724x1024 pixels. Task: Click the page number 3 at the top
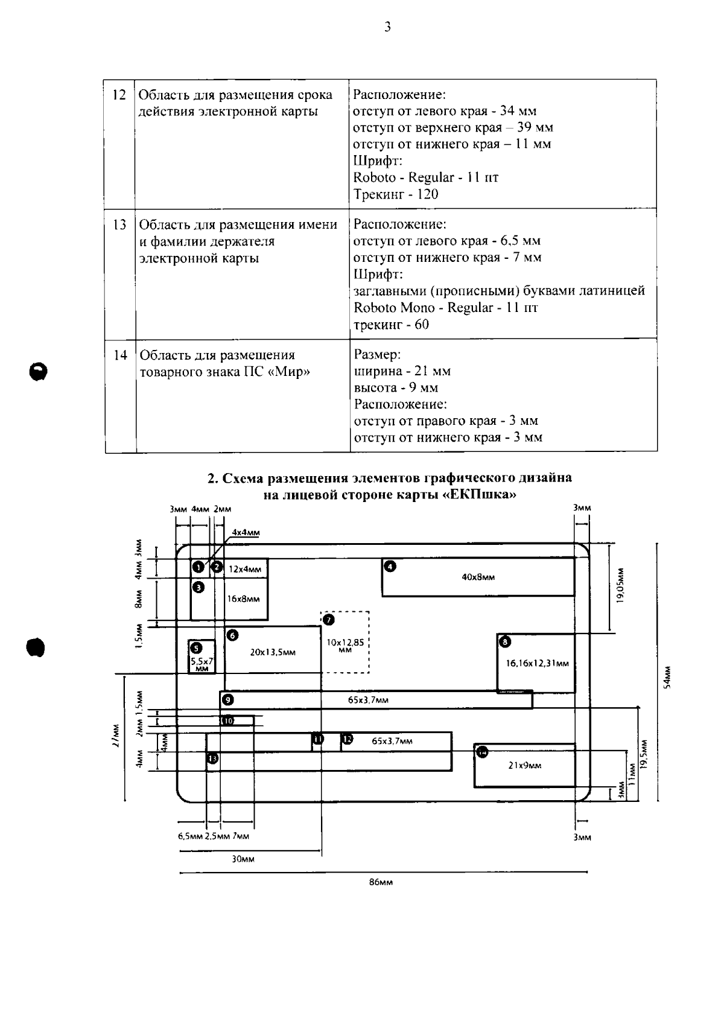click(x=387, y=27)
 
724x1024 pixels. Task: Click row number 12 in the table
click(x=119, y=95)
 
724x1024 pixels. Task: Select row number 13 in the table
click(x=119, y=224)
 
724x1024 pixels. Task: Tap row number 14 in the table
click(x=120, y=355)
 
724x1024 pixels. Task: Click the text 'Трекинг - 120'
click(x=396, y=194)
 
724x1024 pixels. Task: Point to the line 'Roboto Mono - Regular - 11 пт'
click(x=445, y=308)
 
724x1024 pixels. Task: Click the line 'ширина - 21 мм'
click(x=402, y=371)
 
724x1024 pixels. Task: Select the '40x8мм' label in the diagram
click(x=478, y=577)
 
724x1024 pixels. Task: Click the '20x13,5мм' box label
click(x=273, y=652)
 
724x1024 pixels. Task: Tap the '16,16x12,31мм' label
click(x=537, y=664)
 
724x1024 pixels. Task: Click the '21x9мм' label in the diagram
click(x=524, y=765)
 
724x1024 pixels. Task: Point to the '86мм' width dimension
click(x=381, y=882)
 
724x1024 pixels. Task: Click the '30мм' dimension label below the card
click(x=243, y=859)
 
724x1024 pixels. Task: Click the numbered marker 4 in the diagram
click(x=390, y=566)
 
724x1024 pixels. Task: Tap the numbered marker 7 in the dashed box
click(x=328, y=620)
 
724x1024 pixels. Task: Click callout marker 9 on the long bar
click(x=227, y=700)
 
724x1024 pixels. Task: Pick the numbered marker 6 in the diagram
click(x=232, y=635)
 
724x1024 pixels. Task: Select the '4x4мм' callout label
click(x=246, y=533)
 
